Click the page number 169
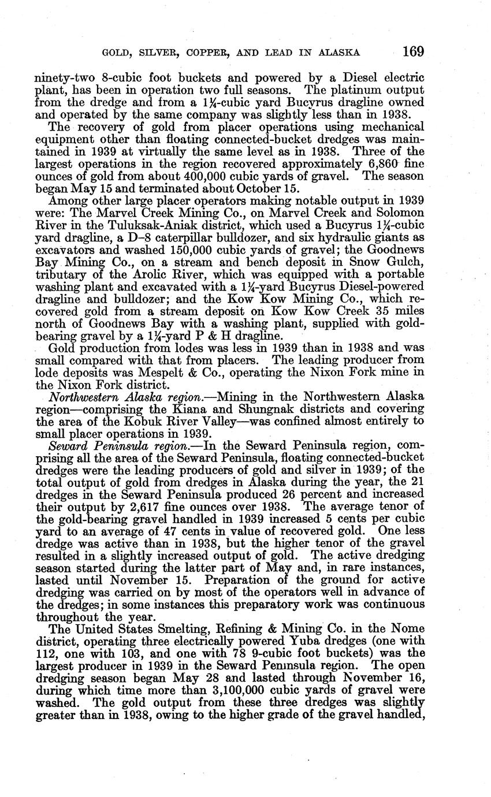pyautogui.click(x=413, y=51)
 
